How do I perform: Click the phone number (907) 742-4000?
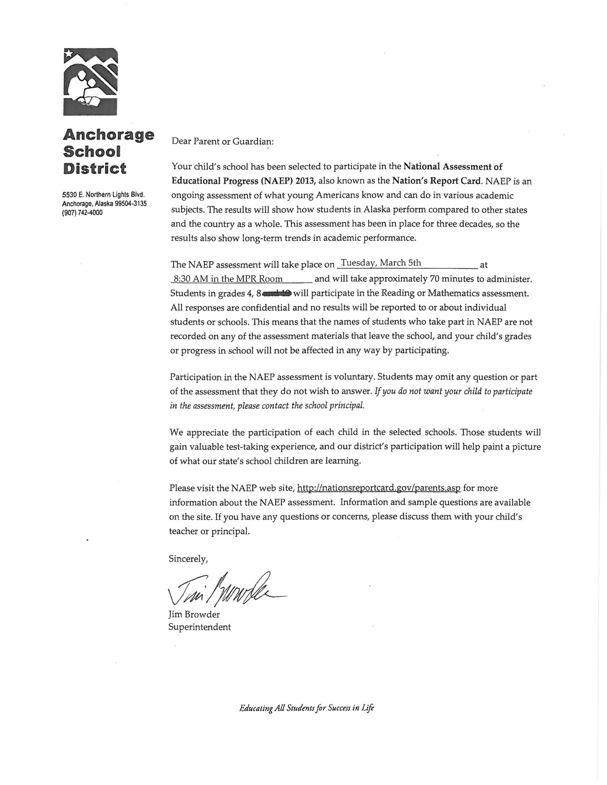tap(82, 213)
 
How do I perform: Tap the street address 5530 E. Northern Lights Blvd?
tap(103, 195)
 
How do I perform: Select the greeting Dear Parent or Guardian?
tap(222, 141)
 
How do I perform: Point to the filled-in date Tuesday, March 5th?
tap(381, 263)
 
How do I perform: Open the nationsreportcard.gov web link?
tap(378, 488)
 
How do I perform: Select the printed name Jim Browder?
tap(194, 614)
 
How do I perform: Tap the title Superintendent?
tap(199, 627)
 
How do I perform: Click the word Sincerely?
tap(188, 559)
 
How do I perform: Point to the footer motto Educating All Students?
tap(307, 708)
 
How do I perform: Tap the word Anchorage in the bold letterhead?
tap(109, 135)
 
